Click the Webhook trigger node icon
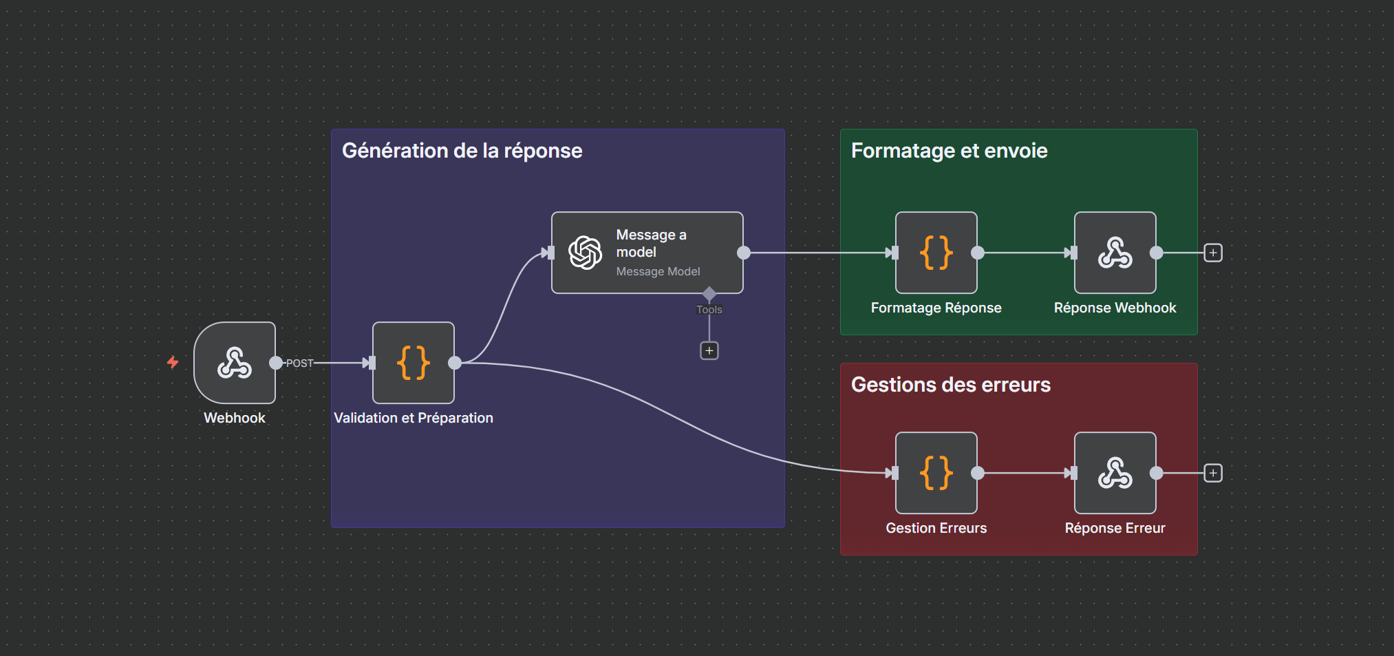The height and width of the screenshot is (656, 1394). (x=235, y=363)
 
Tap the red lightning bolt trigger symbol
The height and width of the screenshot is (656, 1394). (x=173, y=362)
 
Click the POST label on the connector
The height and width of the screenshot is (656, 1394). (x=299, y=363)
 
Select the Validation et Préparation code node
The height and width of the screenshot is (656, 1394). (x=413, y=363)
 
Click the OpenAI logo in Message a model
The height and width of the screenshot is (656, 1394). (x=586, y=253)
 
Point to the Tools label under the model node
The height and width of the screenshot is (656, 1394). (x=709, y=310)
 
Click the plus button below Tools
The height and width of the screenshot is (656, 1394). (x=709, y=351)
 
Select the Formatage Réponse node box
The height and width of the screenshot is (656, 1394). (x=936, y=253)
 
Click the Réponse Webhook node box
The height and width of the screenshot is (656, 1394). (x=1115, y=253)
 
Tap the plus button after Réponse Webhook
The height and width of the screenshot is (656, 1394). (x=1213, y=253)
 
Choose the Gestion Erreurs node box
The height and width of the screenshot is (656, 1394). (x=936, y=473)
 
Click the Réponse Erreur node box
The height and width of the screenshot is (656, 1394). (x=1115, y=473)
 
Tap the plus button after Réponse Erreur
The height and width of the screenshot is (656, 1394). (x=1213, y=473)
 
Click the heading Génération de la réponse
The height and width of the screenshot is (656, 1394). (x=462, y=151)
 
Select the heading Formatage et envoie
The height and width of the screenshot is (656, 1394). (x=949, y=151)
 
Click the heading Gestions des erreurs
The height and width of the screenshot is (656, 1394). (x=950, y=385)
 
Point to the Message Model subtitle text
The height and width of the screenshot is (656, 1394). (x=658, y=272)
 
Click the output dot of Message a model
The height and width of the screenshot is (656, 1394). (x=744, y=253)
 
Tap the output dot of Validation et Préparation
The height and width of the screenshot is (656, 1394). (x=455, y=363)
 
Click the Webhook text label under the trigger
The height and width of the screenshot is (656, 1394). (x=235, y=418)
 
